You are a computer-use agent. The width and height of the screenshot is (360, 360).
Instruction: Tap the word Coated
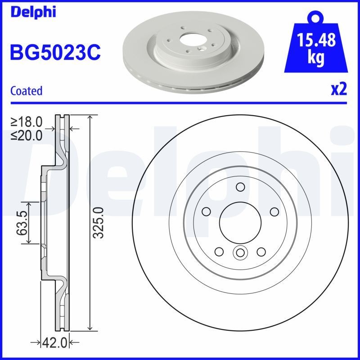click(x=26, y=91)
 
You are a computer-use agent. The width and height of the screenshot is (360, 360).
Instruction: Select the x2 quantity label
click(x=338, y=90)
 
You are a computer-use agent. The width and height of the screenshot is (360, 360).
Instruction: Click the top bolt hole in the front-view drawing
click(x=240, y=187)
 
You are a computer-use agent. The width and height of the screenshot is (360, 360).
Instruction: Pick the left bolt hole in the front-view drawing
click(x=207, y=211)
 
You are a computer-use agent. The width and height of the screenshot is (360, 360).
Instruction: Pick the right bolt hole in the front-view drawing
click(x=273, y=211)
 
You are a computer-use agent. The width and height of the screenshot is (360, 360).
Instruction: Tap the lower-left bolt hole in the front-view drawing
click(x=219, y=251)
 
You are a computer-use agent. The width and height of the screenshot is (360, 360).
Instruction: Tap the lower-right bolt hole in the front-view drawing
click(x=261, y=251)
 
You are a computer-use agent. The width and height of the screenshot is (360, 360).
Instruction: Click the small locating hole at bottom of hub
click(x=240, y=253)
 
